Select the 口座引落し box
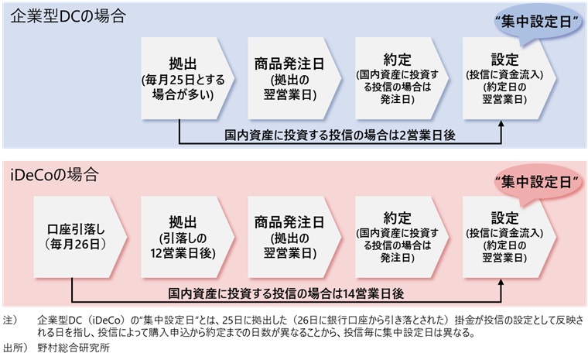click(x=76, y=237)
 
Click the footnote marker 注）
click(x=10, y=319)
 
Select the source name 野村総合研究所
click(x=73, y=347)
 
